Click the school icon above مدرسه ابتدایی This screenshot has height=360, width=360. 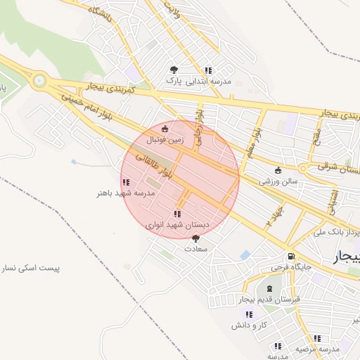(208, 70)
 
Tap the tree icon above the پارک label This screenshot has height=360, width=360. (174, 69)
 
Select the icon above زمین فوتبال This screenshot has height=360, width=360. (165, 129)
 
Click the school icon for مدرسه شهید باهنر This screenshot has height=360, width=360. (125, 182)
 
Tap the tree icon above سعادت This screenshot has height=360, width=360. (195, 238)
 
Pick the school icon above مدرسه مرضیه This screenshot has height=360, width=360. (278, 346)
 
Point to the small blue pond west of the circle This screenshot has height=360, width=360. (74, 162)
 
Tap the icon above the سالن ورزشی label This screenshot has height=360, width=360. (278, 169)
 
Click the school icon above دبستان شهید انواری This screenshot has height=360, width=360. (177, 214)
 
